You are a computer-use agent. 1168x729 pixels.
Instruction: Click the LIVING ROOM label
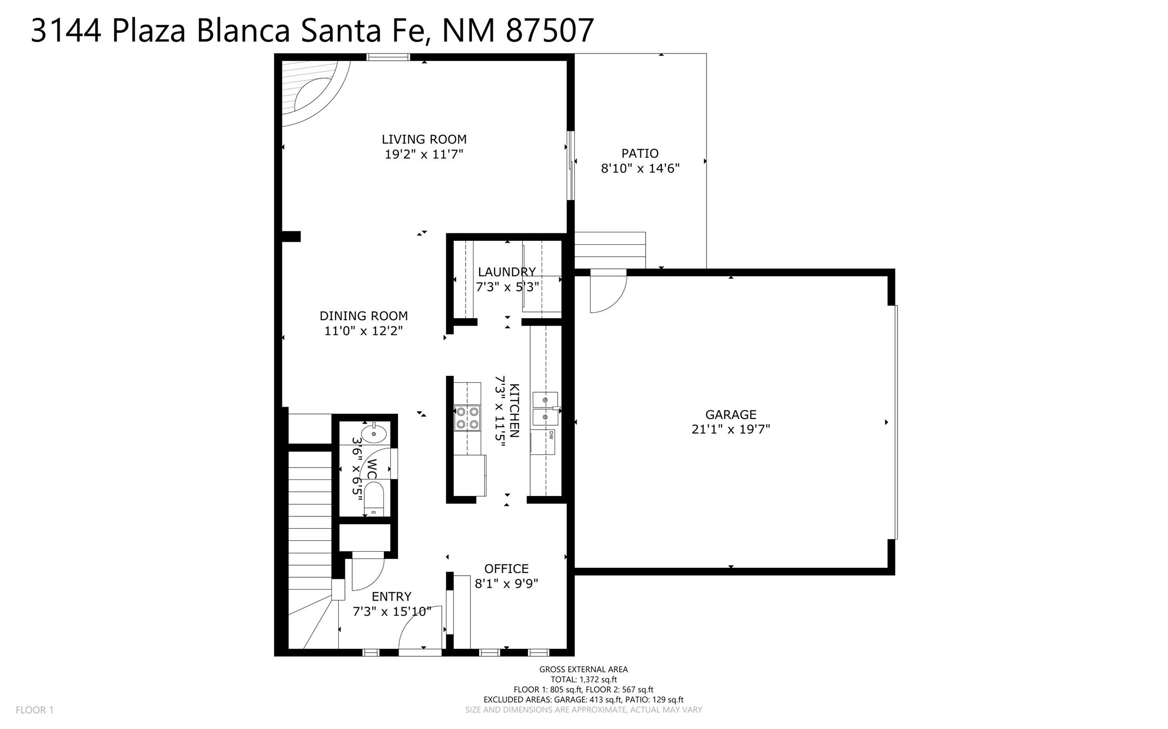click(x=424, y=139)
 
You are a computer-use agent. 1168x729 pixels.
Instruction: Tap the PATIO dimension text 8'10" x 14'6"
click(x=640, y=168)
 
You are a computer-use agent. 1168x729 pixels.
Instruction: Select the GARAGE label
click(x=730, y=414)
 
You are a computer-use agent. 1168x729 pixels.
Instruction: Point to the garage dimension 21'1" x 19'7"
click(x=730, y=429)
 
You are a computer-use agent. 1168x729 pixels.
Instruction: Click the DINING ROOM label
click(x=364, y=316)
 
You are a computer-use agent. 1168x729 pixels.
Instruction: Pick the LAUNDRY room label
click(x=507, y=272)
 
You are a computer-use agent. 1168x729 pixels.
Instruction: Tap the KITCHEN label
click(x=514, y=411)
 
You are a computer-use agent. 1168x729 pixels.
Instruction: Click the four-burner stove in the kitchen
click(x=467, y=418)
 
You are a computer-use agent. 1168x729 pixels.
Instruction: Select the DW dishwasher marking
click(x=550, y=434)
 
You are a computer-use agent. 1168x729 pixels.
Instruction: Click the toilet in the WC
click(x=374, y=499)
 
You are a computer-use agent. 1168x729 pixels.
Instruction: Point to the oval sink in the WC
click(x=374, y=433)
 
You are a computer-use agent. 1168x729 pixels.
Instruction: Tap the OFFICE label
click(x=506, y=569)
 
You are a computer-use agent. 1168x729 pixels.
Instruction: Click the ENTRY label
click(x=391, y=596)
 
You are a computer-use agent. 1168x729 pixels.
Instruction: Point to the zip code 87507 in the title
click(x=550, y=30)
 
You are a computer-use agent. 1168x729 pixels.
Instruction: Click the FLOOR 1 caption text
click(x=34, y=710)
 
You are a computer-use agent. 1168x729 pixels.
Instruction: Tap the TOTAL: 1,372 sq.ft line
click(x=584, y=679)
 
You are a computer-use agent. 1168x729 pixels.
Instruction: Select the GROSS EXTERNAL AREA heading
click(x=583, y=669)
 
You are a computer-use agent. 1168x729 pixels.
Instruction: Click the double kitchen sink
click(x=546, y=409)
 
